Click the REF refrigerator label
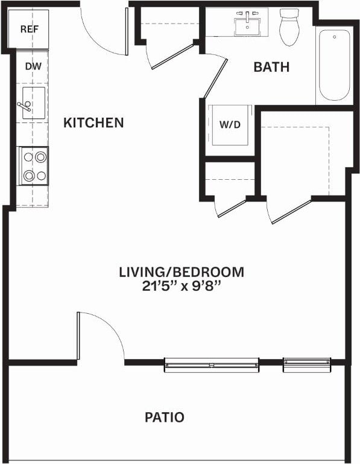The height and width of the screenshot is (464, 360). click(29, 29)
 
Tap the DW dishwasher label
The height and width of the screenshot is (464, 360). click(33, 66)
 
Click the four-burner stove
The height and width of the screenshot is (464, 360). click(34, 166)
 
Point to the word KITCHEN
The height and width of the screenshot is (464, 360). click(93, 123)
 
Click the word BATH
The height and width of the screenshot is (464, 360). click(271, 67)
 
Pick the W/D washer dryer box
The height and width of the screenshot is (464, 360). click(229, 126)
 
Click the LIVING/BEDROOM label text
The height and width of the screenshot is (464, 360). click(182, 272)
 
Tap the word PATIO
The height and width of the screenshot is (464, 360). click(164, 417)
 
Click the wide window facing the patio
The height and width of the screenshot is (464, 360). click(211, 364)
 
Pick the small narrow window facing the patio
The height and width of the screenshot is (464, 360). click(307, 364)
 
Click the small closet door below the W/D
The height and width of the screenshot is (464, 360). click(231, 207)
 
